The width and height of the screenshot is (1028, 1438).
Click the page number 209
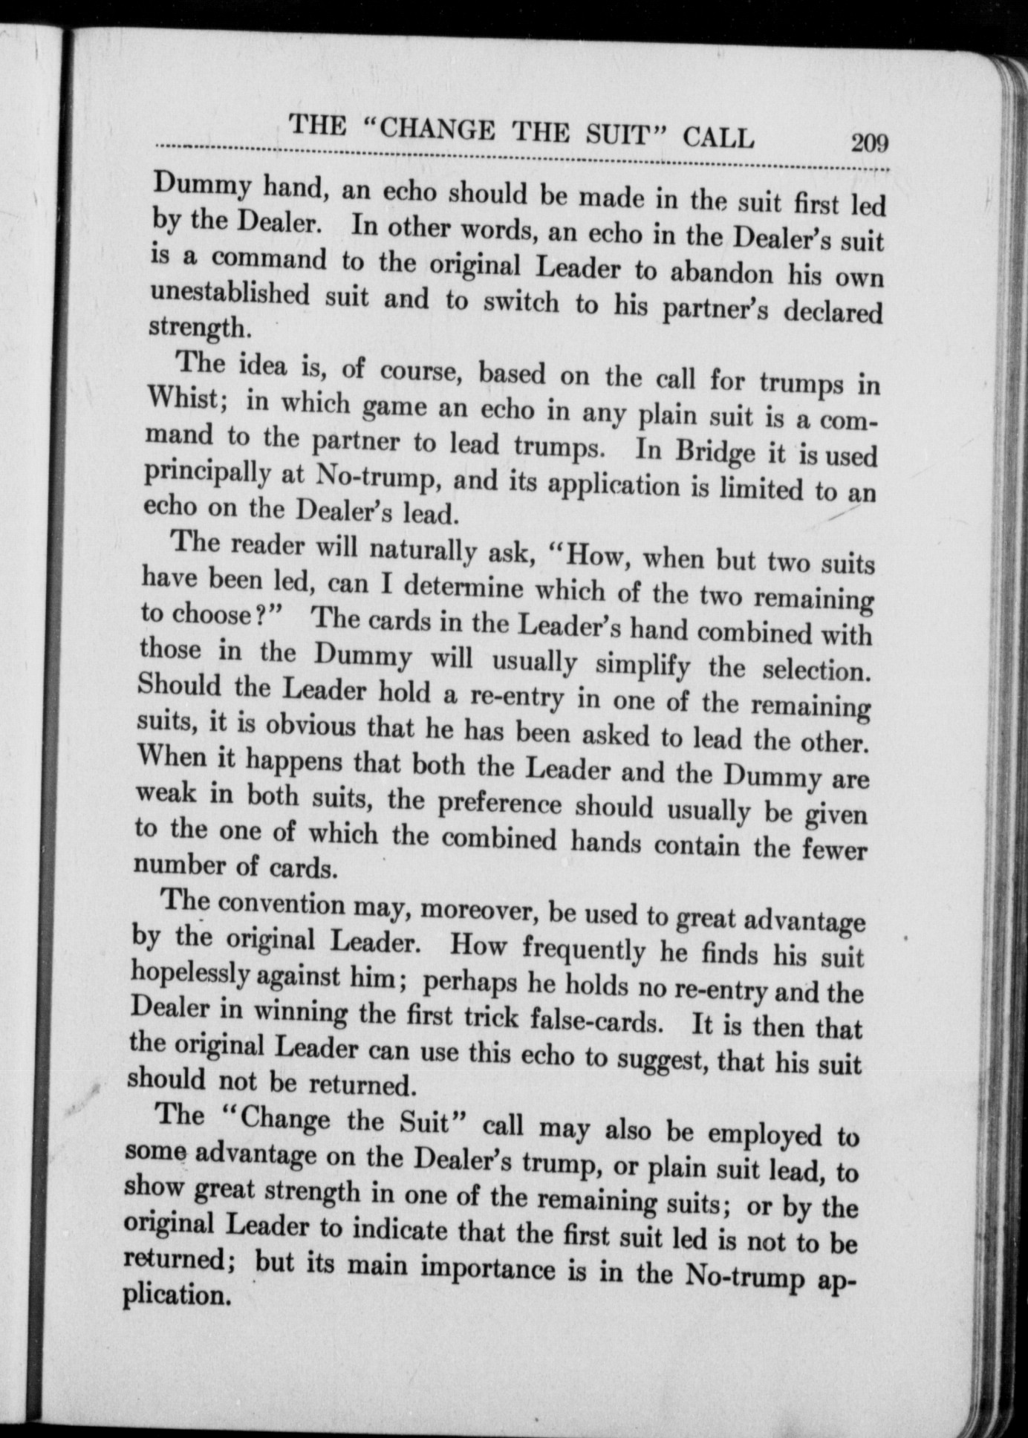pyautogui.click(x=870, y=141)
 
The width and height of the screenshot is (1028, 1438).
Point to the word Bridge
pyautogui.click(x=712, y=452)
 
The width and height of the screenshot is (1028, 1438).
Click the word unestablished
pyautogui.click(x=230, y=295)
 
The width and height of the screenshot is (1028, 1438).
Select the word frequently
pyautogui.click(x=584, y=948)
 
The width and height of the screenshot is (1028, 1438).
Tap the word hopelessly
pyautogui.click(x=189, y=974)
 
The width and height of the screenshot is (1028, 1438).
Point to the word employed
pyautogui.click(x=766, y=1134)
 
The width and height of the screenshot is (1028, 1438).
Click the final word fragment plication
pyautogui.click(x=175, y=1295)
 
